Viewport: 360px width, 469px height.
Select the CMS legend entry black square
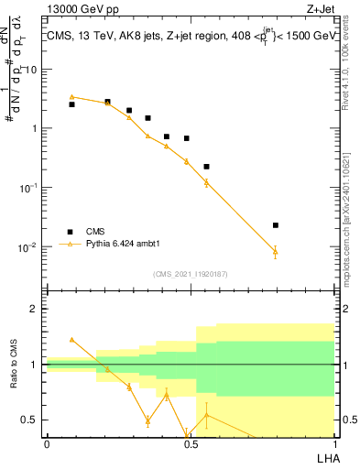coord(70,232)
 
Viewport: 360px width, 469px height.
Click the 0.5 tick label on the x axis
coord(190,443)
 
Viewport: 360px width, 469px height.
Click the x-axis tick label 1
coord(333,443)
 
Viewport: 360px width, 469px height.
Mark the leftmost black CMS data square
coord(71,104)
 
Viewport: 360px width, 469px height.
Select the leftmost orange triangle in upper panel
coord(71,96)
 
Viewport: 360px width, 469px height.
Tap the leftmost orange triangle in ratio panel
coord(71,339)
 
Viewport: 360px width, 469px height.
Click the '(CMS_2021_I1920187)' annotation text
coord(190,274)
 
